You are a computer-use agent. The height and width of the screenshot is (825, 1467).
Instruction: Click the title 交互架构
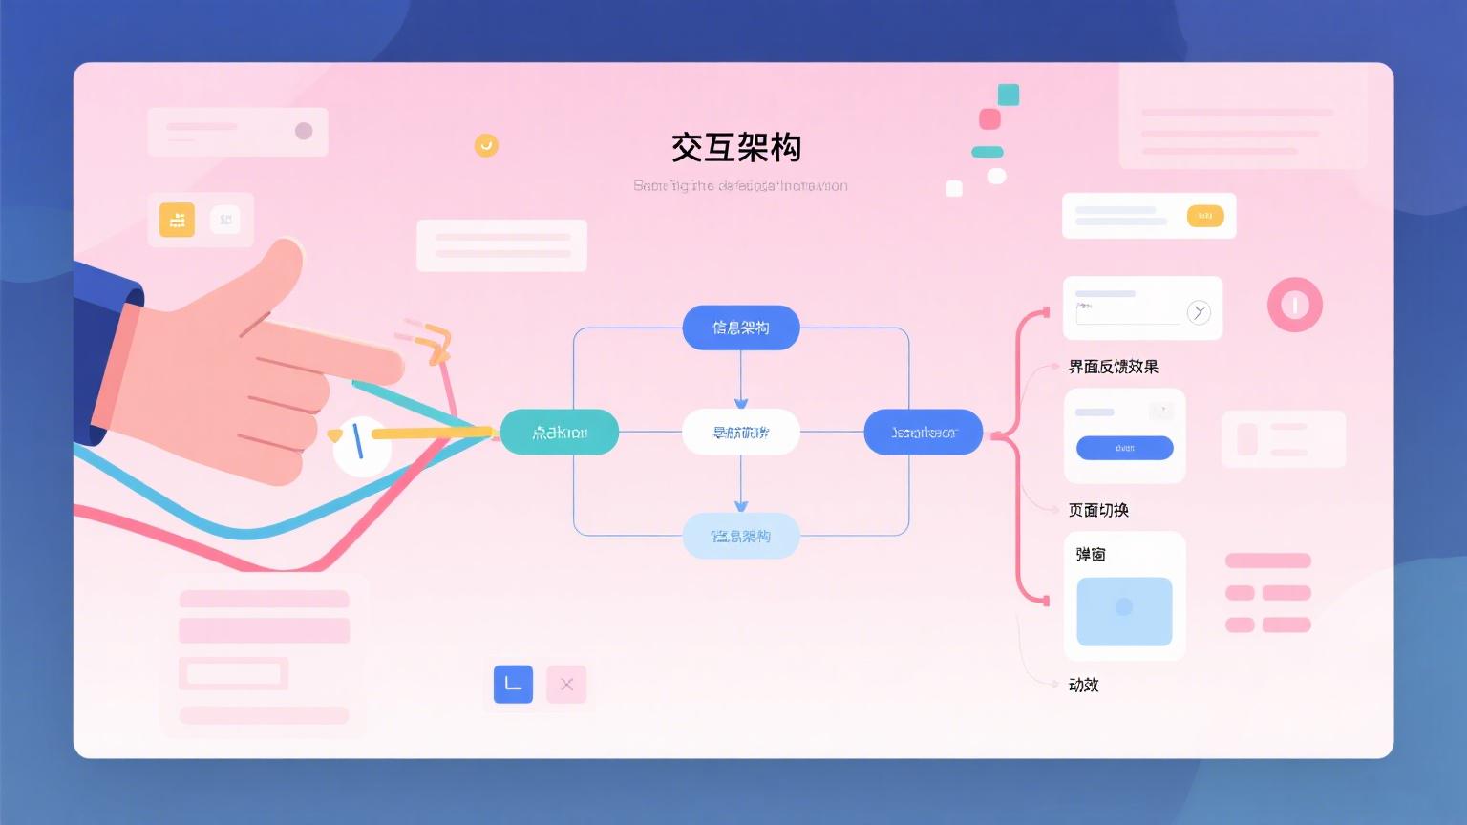[x=735, y=148]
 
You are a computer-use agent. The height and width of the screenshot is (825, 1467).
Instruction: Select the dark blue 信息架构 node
[x=741, y=328]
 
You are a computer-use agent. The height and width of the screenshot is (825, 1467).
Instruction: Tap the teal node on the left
[x=560, y=433]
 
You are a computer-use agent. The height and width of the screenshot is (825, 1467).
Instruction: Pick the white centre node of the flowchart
[x=741, y=433]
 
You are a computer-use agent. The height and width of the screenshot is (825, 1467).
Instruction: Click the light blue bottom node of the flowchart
[x=741, y=536]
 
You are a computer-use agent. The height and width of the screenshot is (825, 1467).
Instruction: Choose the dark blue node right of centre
[x=923, y=433]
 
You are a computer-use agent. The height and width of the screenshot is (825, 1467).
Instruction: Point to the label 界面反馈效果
[x=1113, y=367]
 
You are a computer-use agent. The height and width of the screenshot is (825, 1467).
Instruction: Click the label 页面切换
[x=1098, y=510]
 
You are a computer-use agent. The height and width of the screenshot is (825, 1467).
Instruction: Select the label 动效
[x=1083, y=685]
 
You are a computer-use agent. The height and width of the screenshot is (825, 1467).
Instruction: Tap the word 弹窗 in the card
[x=1091, y=555]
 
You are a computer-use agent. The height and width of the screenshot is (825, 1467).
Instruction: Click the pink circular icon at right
[x=1294, y=306]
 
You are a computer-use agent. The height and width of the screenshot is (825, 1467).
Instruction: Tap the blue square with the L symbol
[x=513, y=684]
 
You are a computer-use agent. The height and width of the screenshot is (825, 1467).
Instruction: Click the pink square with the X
[x=566, y=684]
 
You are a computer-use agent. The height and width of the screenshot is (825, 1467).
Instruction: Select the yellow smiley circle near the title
[x=486, y=145]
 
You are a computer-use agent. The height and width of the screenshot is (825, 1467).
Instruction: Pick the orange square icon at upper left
[x=177, y=220]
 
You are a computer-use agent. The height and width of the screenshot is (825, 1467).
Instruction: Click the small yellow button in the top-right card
[x=1204, y=216]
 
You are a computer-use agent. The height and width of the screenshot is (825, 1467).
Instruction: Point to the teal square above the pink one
[x=1009, y=95]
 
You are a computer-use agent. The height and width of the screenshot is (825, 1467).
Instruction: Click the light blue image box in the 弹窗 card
[x=1124, y=611]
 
